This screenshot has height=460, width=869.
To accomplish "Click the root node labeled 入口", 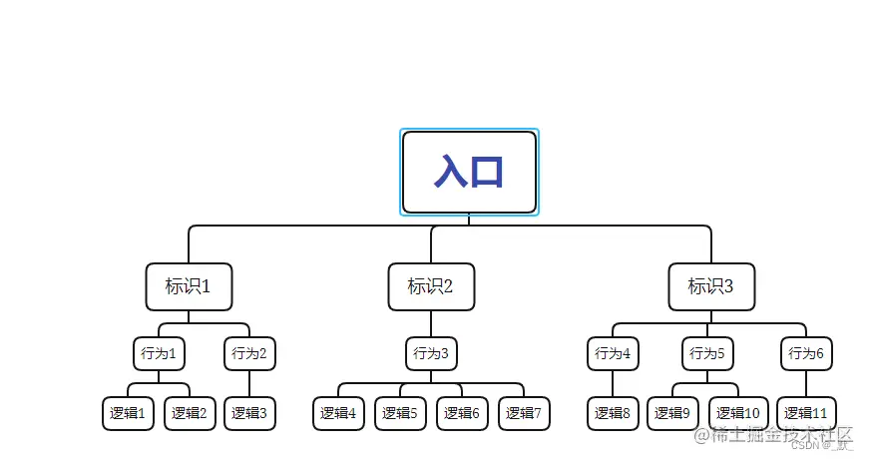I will [x=469, y=172].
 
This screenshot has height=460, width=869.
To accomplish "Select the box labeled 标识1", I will [x=189, y=287].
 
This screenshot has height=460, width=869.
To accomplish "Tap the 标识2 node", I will [x=431, y=287].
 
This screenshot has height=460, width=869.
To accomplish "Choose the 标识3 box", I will [x=711, y=287].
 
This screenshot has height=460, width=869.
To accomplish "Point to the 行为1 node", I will [x=159, y=353].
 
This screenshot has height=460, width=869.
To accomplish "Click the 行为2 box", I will [x=249, y=353].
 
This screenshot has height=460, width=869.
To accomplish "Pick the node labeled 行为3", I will [x=431, y=353].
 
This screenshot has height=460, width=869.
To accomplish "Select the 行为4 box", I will [x=613, y=353].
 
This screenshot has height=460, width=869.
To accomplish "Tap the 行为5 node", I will [x=707, y=353].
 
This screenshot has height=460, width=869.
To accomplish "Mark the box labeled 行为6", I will [x=806, y=353].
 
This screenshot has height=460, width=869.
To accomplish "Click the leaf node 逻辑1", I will [x=129, y=413].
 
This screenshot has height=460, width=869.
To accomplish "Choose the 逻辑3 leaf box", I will [x=249, y=413].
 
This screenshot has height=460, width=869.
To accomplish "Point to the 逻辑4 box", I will [x=339, y=413].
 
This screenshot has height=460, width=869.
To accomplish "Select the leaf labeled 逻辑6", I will [x=462, y=413].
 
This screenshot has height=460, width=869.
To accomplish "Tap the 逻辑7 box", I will [x=524, y=413].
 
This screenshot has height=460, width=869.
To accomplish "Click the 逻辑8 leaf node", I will [x=613, y=413].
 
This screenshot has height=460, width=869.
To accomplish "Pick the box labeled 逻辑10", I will [x=738, y=413].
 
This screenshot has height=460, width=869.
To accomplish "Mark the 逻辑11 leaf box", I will [x=806, y=413].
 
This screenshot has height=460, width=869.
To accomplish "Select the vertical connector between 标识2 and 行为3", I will [x=431, y=323].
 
